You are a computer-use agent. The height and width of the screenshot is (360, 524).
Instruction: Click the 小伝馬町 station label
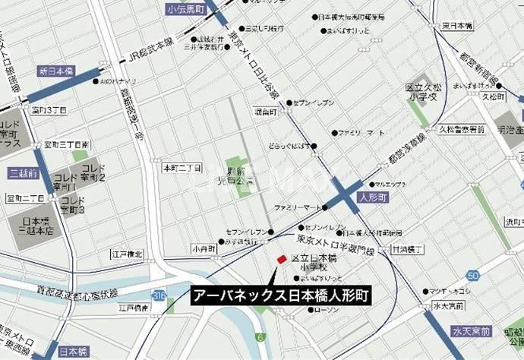186,9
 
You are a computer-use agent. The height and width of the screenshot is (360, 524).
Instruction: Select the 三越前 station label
22,173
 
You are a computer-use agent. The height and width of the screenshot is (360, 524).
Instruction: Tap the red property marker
281,260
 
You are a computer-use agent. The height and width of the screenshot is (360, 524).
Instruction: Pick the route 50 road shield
474,275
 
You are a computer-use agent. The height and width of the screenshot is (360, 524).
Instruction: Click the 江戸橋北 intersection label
127,253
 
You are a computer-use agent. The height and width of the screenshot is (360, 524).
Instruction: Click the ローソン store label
326,310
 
